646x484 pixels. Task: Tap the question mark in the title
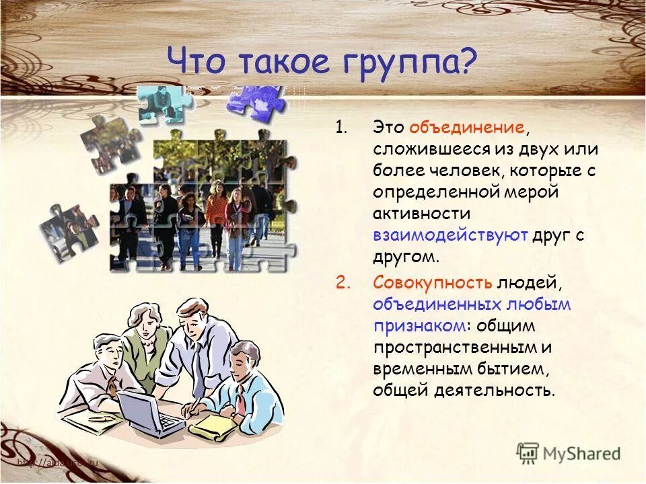coord(467,62)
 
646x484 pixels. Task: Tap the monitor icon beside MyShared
coord(529,452)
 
